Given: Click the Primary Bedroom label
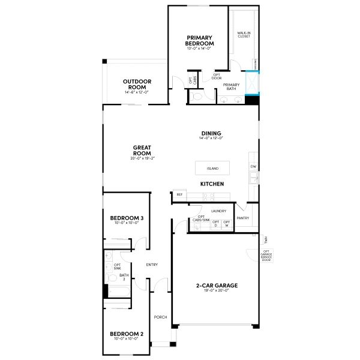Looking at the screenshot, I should tap(200, 40).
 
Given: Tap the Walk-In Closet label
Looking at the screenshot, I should tap(244, 35).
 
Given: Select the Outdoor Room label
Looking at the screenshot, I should tap(137, 83).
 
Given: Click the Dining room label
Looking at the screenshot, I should tap(211, 133).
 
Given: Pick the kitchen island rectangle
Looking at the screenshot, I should tap(212, 169).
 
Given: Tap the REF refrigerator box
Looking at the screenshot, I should tap(179, 195).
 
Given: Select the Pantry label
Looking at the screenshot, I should tap(243, 218).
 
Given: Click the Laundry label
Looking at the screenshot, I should tap(218, 211).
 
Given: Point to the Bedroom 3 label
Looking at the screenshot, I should tap(127, 218).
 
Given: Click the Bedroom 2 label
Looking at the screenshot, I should tap(127, 334).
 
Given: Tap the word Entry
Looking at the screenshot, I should tap(152, 265).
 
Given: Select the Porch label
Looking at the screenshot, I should tap(160, 317).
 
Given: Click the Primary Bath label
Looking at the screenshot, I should tap(231, 87).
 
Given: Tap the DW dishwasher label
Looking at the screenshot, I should tap(253, 166).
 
